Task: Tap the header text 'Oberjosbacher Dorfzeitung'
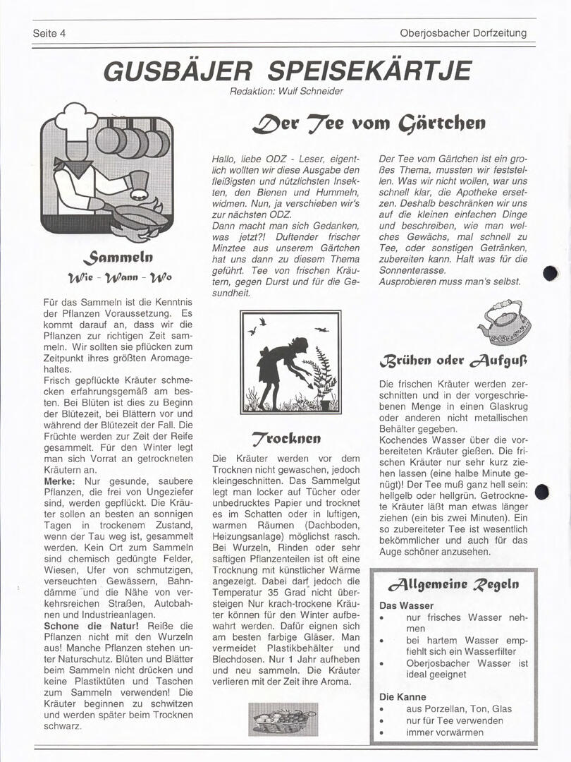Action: (462, 33)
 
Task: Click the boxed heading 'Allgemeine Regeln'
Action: (453, 585)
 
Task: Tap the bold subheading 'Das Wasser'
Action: (406, 605)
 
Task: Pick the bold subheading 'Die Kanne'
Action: (403, 696)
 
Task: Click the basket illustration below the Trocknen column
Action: (283, 718)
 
